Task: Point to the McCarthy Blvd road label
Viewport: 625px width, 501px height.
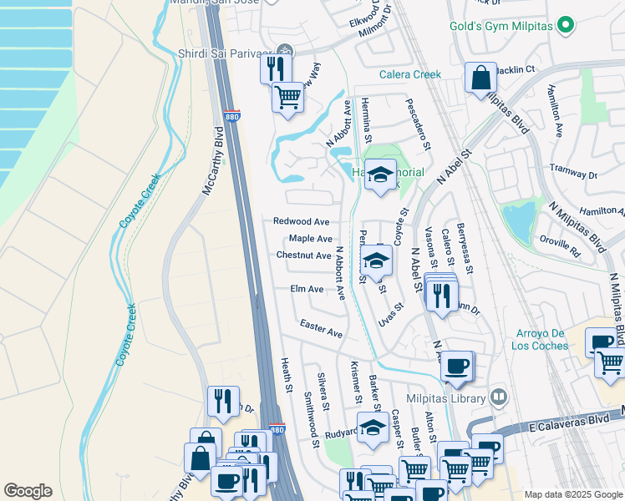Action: click(214, 161)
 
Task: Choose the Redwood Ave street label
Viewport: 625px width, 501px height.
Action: click(302, 221)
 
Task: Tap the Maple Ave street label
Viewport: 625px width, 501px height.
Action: click(310, 239)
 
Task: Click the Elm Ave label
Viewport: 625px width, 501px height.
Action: click(307, 289)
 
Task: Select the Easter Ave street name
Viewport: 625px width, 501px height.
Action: click(322, 328)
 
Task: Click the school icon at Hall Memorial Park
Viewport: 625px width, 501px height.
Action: click(381, 175)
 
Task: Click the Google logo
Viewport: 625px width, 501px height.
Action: click(28, 491)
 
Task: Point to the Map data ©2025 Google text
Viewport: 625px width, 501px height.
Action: click(572, 494)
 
